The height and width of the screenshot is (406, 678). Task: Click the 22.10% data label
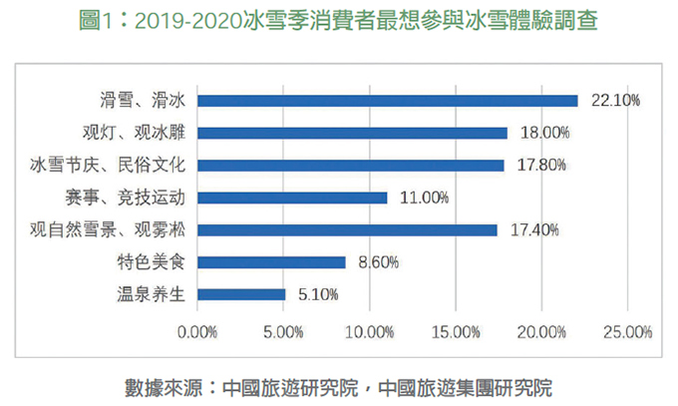(614, 100)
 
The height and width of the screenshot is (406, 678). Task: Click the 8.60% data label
(378, 262)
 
